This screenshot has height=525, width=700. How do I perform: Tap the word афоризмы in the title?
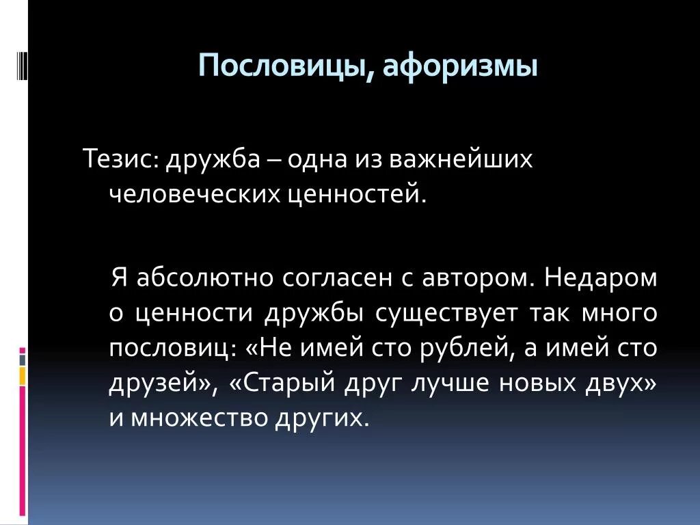point(459,67)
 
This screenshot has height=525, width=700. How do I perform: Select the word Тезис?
point(120,160)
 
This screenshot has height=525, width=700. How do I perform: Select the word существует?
point(448,314)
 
